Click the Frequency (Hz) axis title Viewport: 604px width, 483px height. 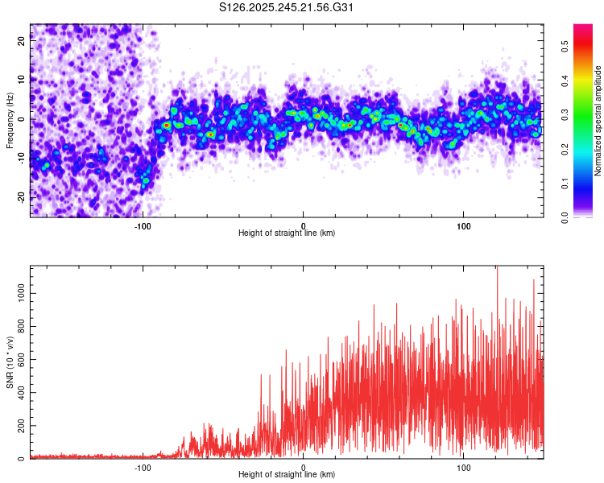tap(10, 121)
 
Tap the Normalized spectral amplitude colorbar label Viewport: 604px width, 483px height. tap(598, 121)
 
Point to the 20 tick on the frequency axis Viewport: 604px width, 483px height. tap(21, 41)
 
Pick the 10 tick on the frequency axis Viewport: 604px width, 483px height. tap(21, 80)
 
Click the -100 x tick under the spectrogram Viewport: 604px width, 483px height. tap(143, 225)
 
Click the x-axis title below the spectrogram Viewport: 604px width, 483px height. tap(287, 233)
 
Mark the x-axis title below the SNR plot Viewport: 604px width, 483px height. tap(287, 475)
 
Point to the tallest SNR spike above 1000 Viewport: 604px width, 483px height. tap(497, 268)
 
